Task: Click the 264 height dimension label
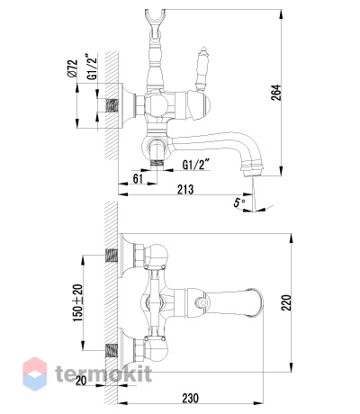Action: pyautogui.click(x=277, y=93)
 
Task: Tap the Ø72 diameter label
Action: pyautogui.click(x=73, y=68)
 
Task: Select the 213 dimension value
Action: pyautogui.click(x=185, y=190)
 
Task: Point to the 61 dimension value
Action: pyautogui.click(x=138, y=179)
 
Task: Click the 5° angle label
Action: pyautogui.click(x=239, y=202)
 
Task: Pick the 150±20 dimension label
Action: pyautogui.click(x=78, y=302)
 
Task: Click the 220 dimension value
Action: pyautogui.click(x=287, y=302)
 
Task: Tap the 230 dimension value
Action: pyautogui.click(x=191, y=399)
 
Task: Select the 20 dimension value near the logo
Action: pyautogui.click(x=81, y=380)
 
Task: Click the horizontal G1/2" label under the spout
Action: pyautogui.click(x=196, y=165)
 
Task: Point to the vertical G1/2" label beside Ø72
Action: pyautogui.click(x=93, y=67)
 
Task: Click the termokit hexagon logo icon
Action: pyautogui.click(x=35, y=373)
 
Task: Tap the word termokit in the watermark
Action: pyautogui.click(x=103, y=373)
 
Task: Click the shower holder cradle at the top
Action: pyautogui.click(x=155, y=18)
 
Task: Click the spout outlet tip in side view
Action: pyautogui.click(x=253, y=174)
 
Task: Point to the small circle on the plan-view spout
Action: pyautogui.click(x=203, y=302)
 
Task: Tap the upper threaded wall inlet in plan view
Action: pyautogui.click(x=111, y=256)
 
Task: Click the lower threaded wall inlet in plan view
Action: pyautogui.click(x=111, y=351)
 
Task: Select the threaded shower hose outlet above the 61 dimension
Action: pyautogui.click(x=157, y=164)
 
